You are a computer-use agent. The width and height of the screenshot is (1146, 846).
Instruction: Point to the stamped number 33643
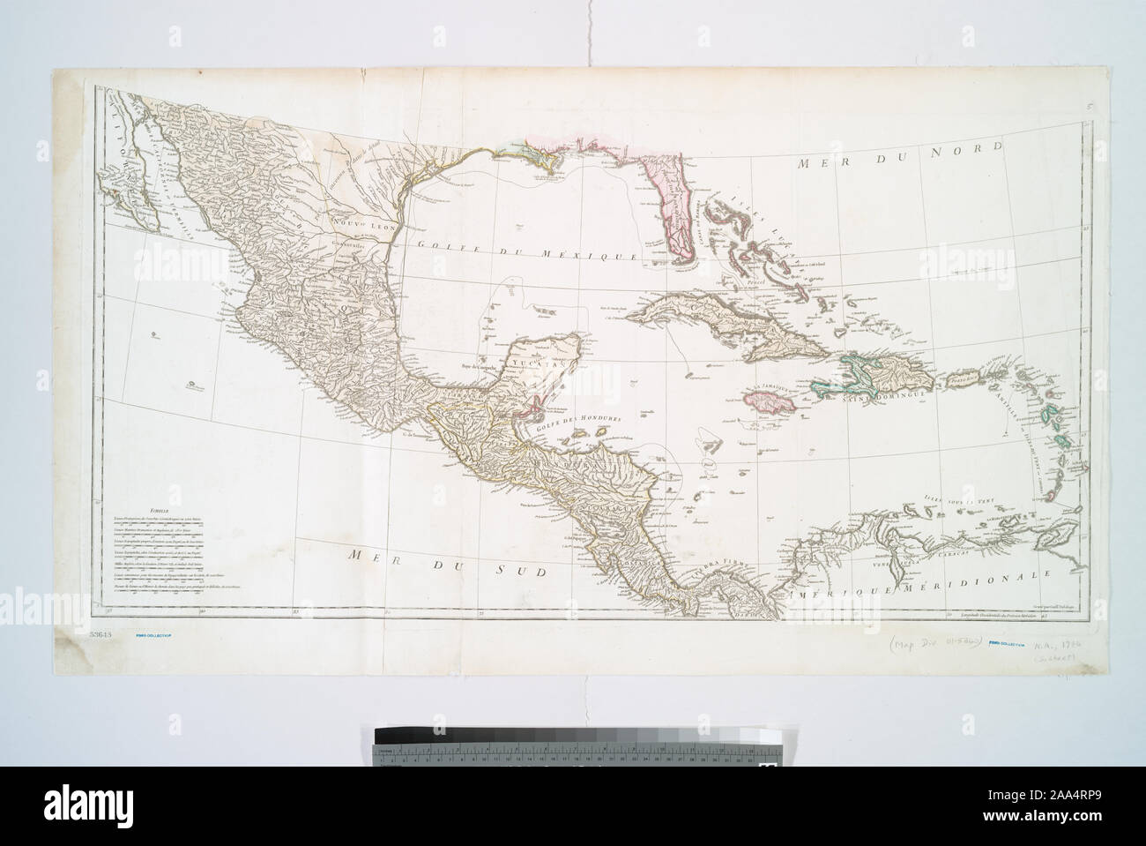103,634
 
